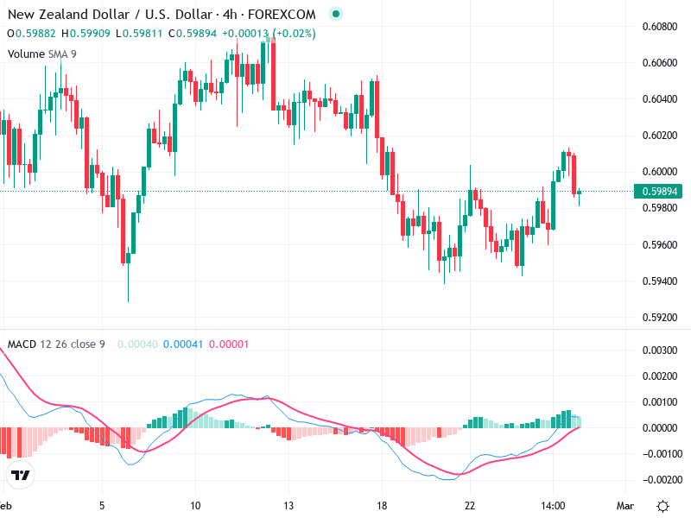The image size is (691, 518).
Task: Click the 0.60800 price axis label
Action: point(658,26)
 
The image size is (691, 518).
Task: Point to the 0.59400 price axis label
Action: point(658,281)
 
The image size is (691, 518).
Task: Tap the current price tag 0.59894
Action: point(659,192)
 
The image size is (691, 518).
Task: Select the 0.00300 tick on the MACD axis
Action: point(658,350)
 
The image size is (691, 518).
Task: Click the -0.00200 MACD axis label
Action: point(656,479)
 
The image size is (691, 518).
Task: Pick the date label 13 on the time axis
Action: point(288,505)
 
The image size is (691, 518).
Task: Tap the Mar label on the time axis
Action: point(625,505)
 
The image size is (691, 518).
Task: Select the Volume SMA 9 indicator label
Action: point(40,54)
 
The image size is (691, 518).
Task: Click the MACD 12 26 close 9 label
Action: point(56,344)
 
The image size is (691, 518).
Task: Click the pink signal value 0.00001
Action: point(229,344)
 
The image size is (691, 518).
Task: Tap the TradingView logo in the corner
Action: point(21,475)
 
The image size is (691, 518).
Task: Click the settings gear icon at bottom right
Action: point(662,505)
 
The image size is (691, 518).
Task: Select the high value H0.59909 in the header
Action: point(85,34)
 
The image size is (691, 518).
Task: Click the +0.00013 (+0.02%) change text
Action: point(269,34)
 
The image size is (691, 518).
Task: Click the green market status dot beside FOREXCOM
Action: point(336,14)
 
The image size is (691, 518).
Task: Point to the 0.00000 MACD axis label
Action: point(658,427)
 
